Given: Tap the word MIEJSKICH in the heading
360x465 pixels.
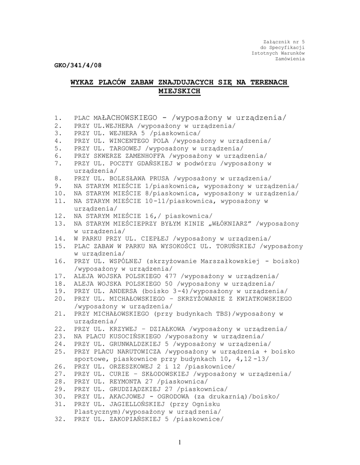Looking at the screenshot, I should click(179, 91).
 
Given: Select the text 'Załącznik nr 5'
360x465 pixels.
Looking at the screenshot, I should click(284, 42).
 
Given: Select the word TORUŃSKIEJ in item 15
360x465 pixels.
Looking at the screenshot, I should click(237, 246).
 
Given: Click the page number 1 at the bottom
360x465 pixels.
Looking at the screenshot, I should click(180, 442).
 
